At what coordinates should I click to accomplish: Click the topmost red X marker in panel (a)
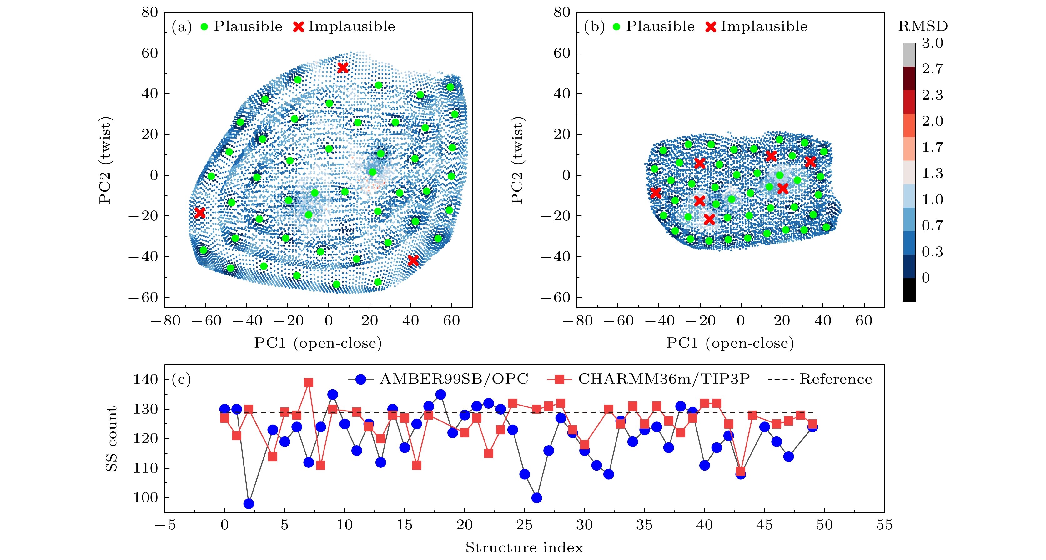click(343, 68)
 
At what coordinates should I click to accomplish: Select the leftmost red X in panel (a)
click(199, 212)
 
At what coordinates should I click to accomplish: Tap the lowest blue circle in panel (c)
click(249, 503)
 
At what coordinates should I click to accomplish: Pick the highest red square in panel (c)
click(309, 382)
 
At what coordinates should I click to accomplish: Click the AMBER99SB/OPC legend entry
click(439, 379)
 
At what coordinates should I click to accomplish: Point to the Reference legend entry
click(820, 379)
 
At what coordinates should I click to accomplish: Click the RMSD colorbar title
click(923, 26)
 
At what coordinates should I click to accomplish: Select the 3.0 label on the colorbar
click(932, 43)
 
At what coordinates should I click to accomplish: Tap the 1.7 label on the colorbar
click(932, 147)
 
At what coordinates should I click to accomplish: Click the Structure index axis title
click(524, 547)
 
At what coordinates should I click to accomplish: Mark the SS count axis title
click(111, 439)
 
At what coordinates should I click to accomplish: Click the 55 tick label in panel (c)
click(884, 525)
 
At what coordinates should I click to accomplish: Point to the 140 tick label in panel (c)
click(145, 379)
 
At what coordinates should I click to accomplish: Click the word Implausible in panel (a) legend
click(352, 26)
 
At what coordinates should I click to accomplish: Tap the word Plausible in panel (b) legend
click(660, 26)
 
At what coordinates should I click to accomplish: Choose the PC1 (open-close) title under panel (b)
click(730, 343)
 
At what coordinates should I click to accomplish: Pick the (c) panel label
click(181, 379)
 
